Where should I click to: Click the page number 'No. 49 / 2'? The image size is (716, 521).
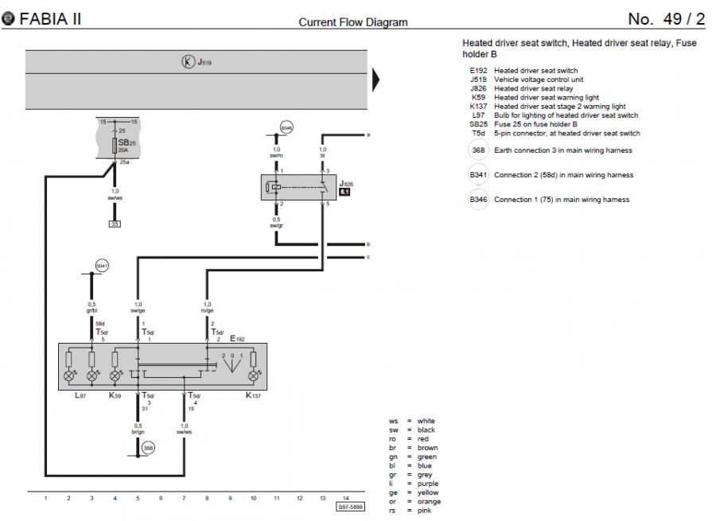pyautogui.click(x=666, y=19)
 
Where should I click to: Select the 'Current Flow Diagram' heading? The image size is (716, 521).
pyautogui.click(x=352, y=22)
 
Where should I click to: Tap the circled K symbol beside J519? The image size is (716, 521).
pyautogui.click(x=189, y=61)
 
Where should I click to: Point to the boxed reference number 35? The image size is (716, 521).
pyautogui.click(x=115, y=224)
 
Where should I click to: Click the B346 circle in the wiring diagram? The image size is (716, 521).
pyautogui.click(x=286, y=126)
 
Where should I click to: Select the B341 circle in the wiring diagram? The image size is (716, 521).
pyautogui.click(x=102, y=265)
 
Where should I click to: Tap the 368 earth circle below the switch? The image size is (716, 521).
pyautogui.click(x=148, y=449)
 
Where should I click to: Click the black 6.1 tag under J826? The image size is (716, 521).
pyautogui.click(x=345, y=192)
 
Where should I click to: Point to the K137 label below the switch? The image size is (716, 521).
pyautogui.click(x=254, y=395)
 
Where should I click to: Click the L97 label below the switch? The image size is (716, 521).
pyautogui.click(x=80, y=395)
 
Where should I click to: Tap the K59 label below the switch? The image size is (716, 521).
pyautogui.click(x=115, y=395)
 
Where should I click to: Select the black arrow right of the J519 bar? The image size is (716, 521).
pyautogui.click(x=377, y=80)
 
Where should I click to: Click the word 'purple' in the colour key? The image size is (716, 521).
pyautogui.click(x=428, y=484)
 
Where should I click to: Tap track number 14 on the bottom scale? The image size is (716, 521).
pyautogui.click(x=345, y=498)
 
